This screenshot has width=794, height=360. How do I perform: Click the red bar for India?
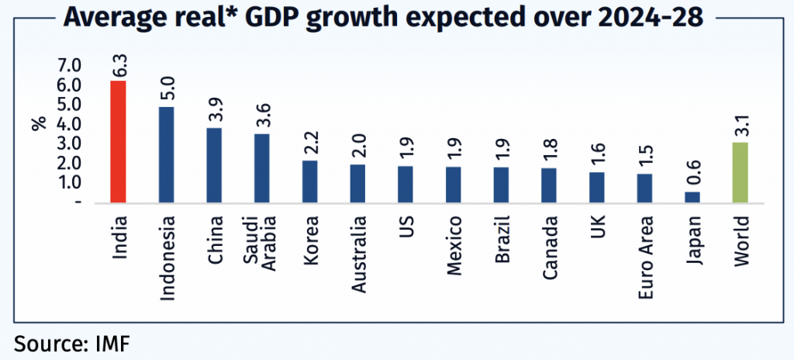click(119, 141)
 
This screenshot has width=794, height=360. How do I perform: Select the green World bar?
click(740, 172)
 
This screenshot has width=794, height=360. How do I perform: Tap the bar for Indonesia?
click(166, 154)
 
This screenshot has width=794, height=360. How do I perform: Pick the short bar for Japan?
click(692, 197)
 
